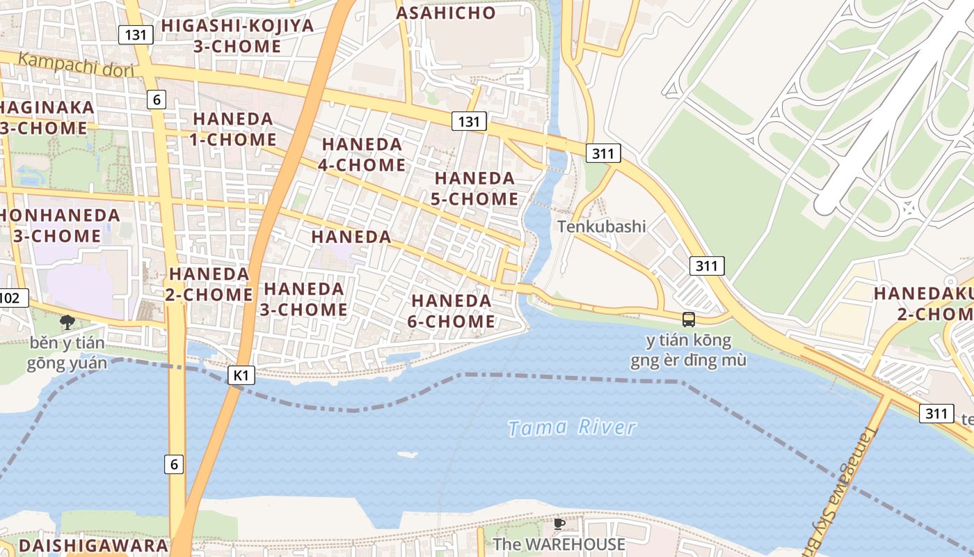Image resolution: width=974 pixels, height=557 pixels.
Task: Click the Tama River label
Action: tap(572, 427)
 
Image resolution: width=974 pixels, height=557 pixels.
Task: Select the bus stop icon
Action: tap(688, 320)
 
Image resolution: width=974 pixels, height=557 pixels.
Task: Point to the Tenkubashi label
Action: tap(601, 226)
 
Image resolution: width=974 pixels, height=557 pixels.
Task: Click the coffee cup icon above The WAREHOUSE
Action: tap(559, 524)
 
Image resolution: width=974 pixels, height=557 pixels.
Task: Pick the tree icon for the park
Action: tap(67, 322)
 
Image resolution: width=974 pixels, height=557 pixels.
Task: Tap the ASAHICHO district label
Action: tap(446, 13)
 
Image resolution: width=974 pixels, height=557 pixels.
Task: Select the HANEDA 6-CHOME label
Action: tap(452, 311)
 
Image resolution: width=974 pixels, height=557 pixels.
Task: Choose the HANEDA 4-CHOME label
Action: tap(362, 155)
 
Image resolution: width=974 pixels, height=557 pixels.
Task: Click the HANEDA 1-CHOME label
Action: tap(234, 129)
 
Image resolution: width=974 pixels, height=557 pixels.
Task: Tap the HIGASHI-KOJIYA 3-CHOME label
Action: tap(237, 36)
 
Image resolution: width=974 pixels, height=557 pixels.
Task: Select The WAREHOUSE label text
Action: tap(559, 544)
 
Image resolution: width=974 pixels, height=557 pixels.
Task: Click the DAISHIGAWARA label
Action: tap(93, 545)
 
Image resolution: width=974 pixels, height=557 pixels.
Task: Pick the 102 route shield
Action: tap(11, 299)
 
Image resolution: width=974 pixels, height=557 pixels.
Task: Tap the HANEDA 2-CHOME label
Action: tap(209, 284)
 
